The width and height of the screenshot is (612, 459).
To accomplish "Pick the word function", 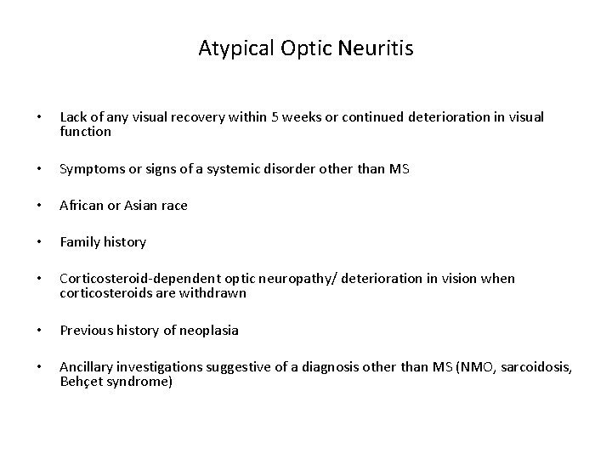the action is [x=85, y=132].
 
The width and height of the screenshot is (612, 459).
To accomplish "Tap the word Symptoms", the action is [x=90, y=169].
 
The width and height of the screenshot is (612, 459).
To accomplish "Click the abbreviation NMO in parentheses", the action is [x=445, y=366].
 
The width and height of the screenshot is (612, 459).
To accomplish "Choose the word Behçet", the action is [x=81, y=382].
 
